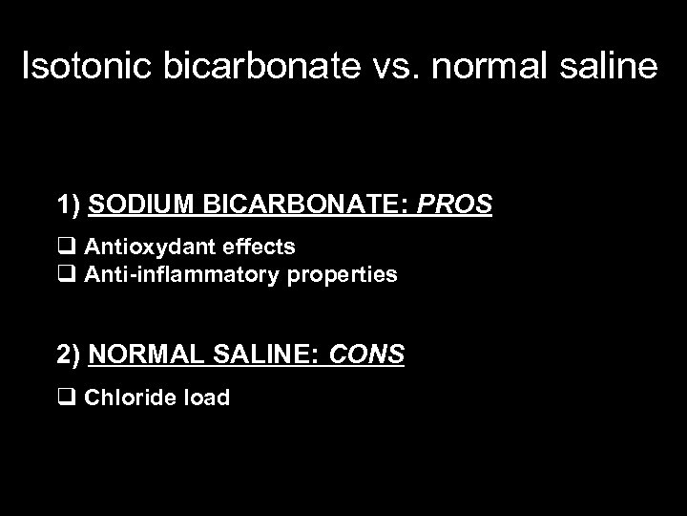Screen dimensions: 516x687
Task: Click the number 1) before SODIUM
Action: point(69,204)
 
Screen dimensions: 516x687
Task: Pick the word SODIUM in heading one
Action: point(135,204)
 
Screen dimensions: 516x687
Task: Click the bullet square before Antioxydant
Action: point(67,247)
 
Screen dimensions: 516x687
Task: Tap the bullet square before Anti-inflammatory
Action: point(67,275)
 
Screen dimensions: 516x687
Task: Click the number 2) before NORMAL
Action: point(69,355)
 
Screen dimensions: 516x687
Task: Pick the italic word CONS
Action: point(366,355)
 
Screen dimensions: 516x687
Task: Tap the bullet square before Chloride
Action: point(67,398)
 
